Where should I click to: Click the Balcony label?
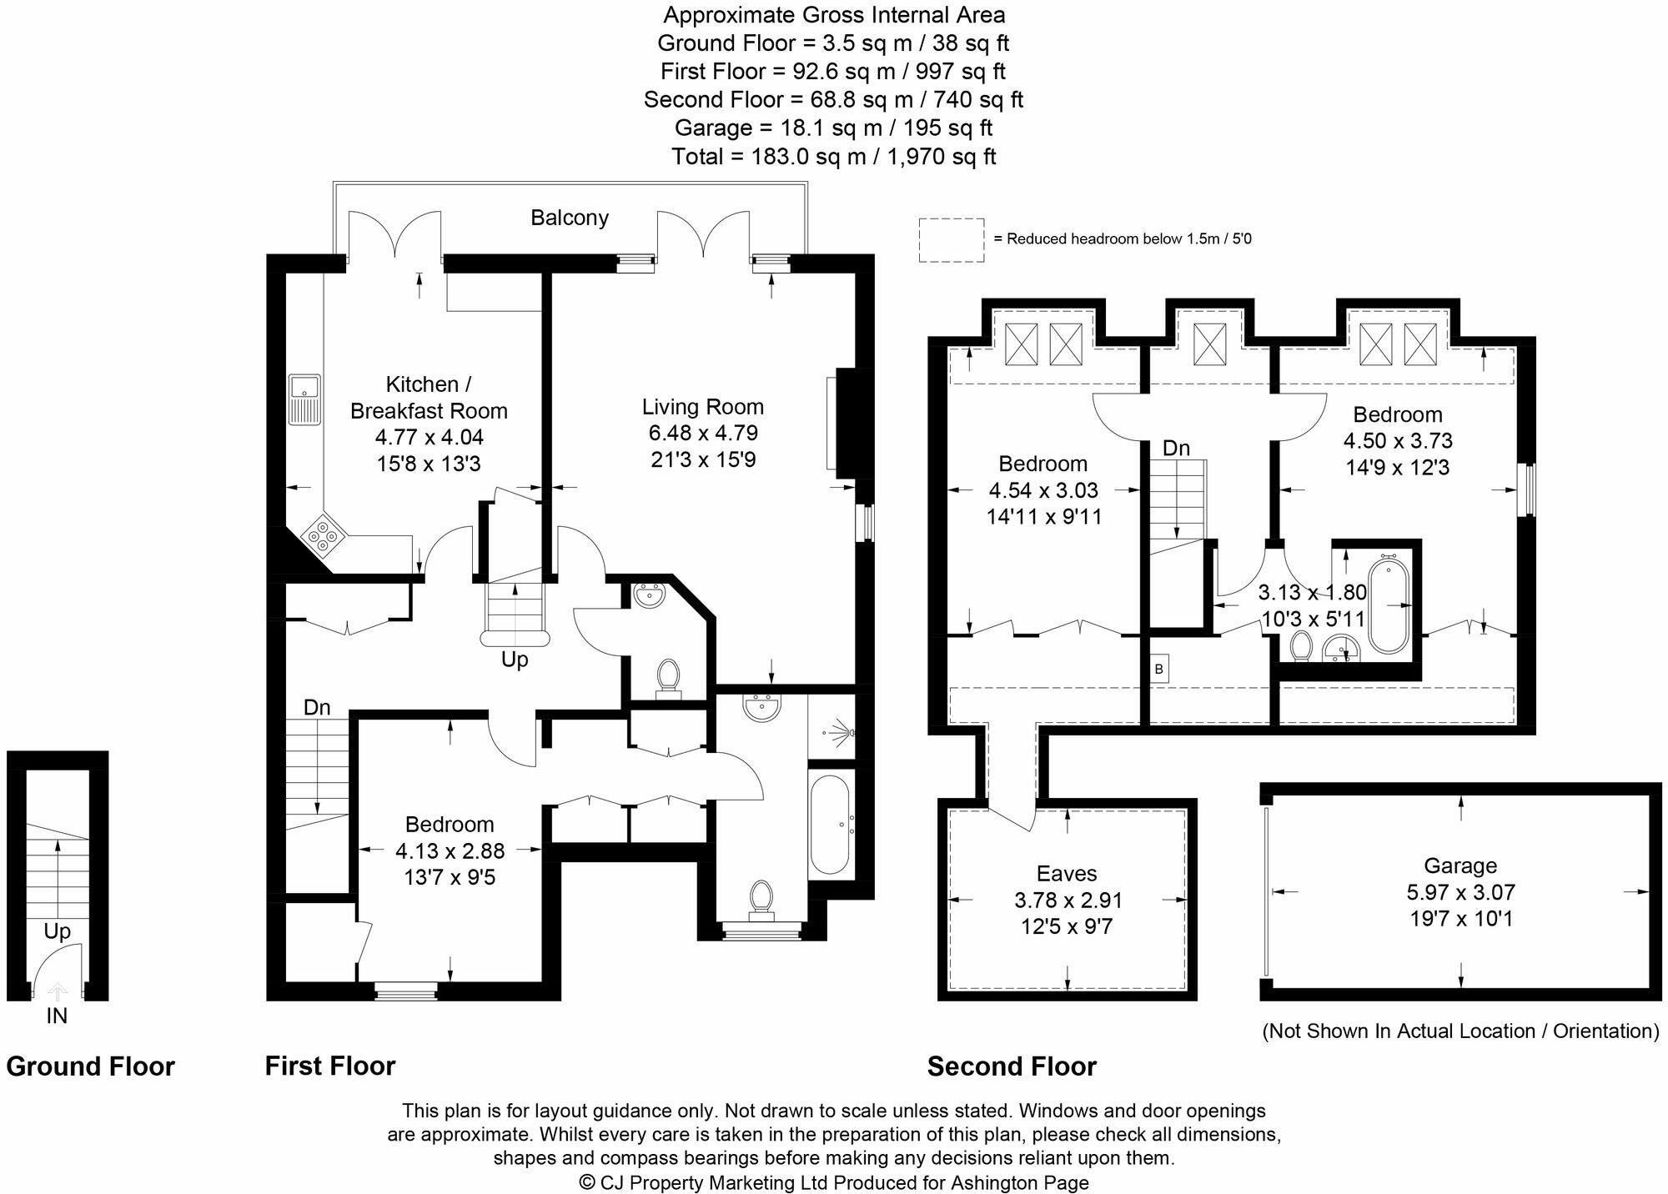click(x=570, y=218)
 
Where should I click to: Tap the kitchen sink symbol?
click(x=304, y=399)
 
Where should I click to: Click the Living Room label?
click(x=702, y=407)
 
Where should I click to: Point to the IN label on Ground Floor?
click(x=57, y=1016)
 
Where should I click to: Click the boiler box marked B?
click(x=1158, y=669)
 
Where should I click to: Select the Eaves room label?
click(x=1066, y=874)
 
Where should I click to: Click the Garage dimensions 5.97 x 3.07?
click(x=1460, y=892)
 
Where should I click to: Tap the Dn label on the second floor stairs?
click(x=1176, y=449)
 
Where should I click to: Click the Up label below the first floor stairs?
click(x=515, y=660)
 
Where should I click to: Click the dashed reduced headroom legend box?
click(x=951, y=240)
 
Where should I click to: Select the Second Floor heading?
click(x=1011, y=1066)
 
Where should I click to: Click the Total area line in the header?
click(x=833, y=156)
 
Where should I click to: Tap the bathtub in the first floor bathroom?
click(x=830, y=824)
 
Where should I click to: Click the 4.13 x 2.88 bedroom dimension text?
click(x=450, y=850)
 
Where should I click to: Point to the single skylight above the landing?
click(x=1207, y=344)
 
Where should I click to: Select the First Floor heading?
click(x=329, y=1066)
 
